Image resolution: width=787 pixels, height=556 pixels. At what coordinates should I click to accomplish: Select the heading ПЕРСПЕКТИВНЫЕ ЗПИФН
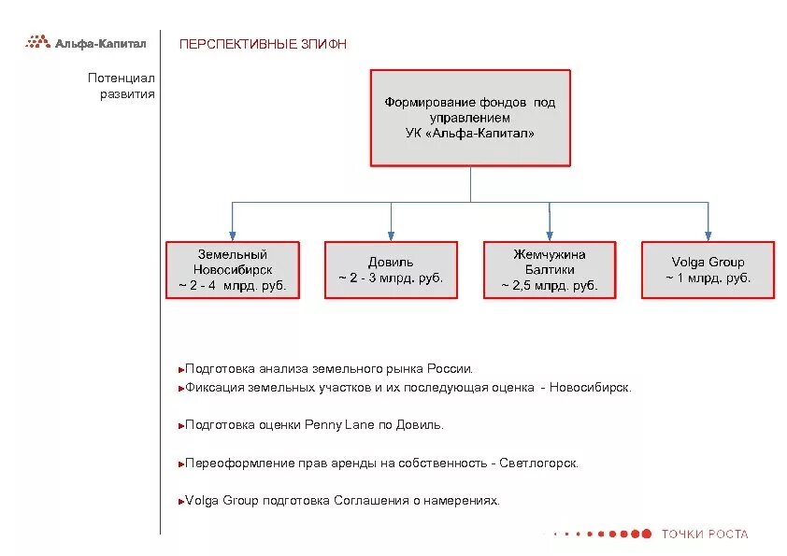(x=263, y=44)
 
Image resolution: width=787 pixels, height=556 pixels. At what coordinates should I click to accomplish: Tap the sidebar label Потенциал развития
(x=122, y=87)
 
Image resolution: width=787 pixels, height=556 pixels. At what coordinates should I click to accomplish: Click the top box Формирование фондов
(x=469, y=118)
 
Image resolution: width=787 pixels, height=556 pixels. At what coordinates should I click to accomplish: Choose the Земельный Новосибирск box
(x=233, y=270)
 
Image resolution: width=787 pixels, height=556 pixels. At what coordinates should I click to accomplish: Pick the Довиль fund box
(x=391, y=270)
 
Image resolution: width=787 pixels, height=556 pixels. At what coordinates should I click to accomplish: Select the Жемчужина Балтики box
(x=550, y=270)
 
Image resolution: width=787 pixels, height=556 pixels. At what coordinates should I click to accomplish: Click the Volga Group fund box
(x=708, y=270)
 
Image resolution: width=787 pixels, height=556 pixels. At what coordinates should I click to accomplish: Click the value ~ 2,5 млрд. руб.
(x=550, y=286)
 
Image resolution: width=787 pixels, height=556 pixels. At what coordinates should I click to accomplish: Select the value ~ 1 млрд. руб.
(x=708, y=278)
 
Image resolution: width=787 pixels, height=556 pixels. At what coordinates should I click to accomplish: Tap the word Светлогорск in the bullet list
(x=539, y=463)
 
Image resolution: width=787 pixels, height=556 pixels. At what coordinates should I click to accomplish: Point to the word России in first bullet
(x=454, y=369)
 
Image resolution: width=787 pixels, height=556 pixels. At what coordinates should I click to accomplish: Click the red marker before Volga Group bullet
(x=179, y=502)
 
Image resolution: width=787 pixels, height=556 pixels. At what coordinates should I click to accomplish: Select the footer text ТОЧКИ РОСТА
(x=705, y=535)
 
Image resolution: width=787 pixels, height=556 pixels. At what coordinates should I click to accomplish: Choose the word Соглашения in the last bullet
(x=371, y=501)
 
